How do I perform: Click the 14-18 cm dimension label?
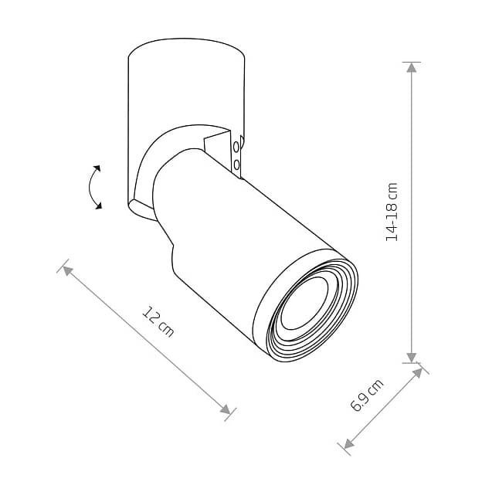392,212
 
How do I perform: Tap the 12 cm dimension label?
158,321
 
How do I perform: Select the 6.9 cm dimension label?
367,395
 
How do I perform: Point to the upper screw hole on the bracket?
236,147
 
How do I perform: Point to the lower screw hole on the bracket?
236,165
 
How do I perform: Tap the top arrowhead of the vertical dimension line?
411,67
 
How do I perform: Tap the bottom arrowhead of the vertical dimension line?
411,358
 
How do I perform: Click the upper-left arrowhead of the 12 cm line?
67,270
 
